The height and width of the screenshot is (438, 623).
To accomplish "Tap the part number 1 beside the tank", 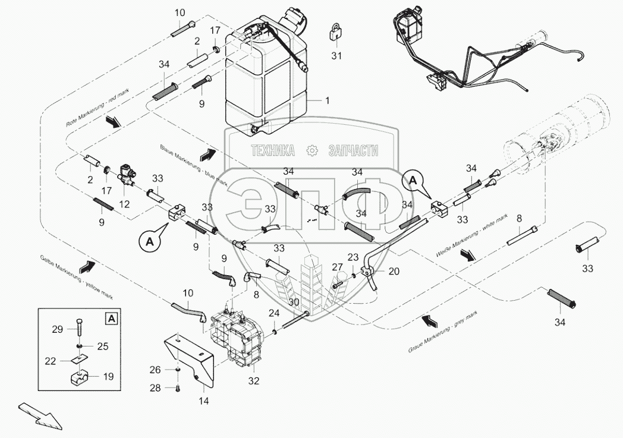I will (327, 101).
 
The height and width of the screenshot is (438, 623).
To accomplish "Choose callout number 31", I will (337, 56).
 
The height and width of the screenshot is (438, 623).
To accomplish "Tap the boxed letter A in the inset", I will (110, 319).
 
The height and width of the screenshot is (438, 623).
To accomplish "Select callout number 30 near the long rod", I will (292, 302).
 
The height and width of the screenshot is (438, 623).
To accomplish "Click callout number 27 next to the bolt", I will (337, 268).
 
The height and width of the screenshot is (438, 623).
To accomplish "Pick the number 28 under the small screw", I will (155, 387).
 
